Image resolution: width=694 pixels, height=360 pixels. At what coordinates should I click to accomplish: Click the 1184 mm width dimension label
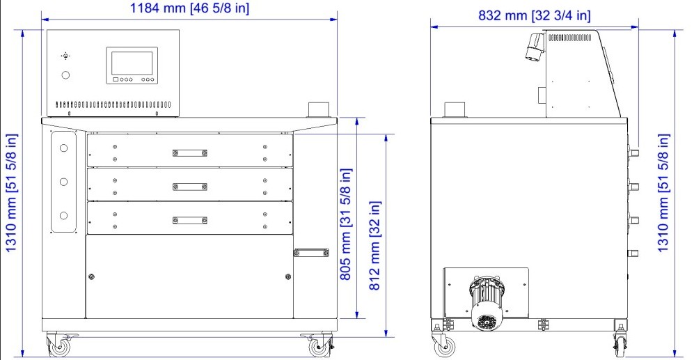pyautogui.click(x=189, y=8)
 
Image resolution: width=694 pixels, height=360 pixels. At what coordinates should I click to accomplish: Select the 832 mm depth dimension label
pyautogui.click(x=534, y=15)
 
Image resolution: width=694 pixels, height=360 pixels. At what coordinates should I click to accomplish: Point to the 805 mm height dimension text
pyautogui.click(x=345, y=224)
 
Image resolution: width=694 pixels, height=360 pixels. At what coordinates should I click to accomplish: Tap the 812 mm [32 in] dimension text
pyautogui.click(x=375, y=246)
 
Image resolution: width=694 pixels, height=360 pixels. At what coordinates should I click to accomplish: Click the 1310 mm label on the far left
pyautogui.click(x=11, y=193)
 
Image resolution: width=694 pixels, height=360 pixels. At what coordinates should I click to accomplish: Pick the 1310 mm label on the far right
pyautogui.click(x=663, y=193)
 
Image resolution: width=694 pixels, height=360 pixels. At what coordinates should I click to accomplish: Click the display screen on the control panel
pyautogui.click(x=132, y=63)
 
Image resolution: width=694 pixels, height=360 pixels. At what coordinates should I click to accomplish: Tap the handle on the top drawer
pyautogui.click(x=190, y=153)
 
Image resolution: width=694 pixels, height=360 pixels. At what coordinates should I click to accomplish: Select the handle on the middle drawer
pyautogui.click(x=190, y=187)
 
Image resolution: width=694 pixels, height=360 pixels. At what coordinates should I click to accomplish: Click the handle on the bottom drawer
pyautogui.click(x=190, y=221)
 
